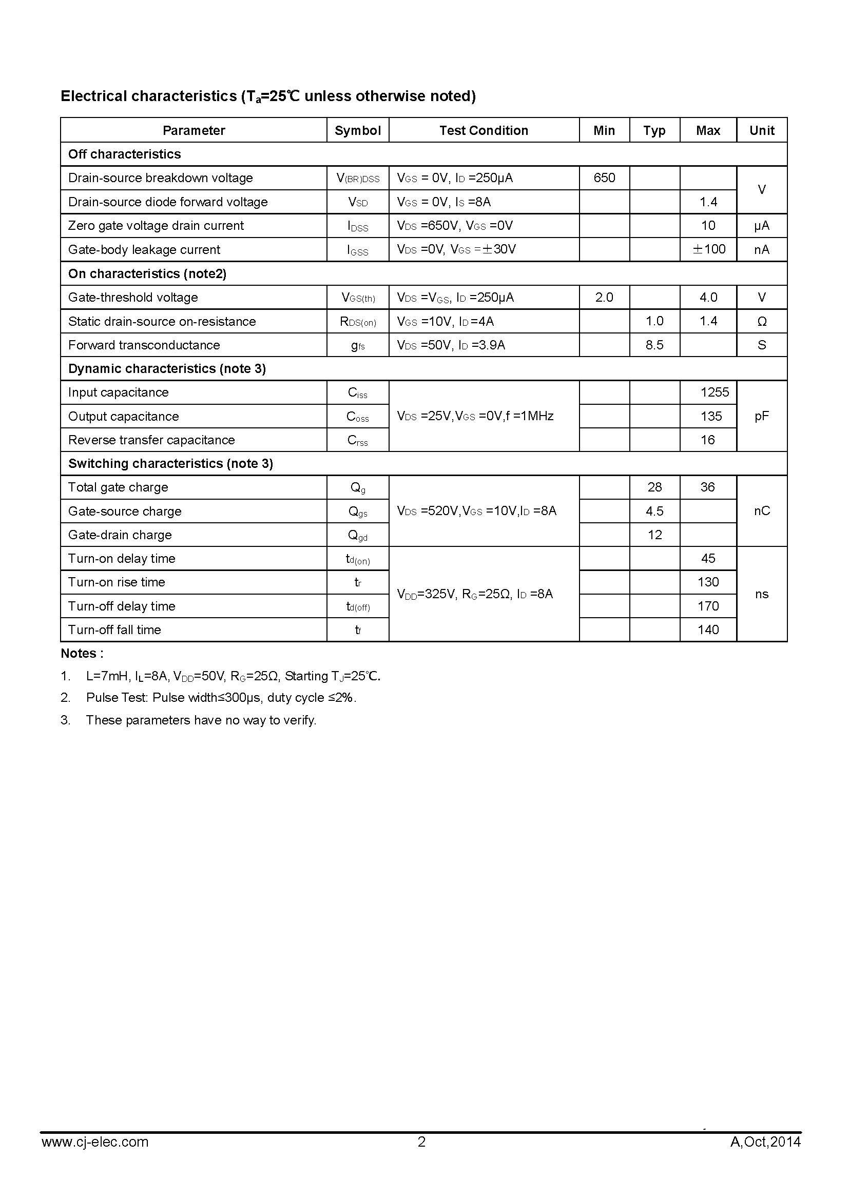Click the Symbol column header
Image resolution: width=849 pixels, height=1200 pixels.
click(358, 130)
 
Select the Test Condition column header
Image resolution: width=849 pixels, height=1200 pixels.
click(484, 130)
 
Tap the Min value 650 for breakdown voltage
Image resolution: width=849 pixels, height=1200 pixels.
click(604, 178)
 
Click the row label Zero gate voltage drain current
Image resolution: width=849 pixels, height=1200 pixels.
click(156, 225)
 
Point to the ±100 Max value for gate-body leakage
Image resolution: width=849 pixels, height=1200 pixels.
click(709, 249)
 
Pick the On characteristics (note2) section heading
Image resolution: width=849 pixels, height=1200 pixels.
click(147, 273)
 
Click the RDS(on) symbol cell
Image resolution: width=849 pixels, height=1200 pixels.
click(358, 322)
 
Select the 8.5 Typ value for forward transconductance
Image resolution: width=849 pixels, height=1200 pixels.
click(654, 345)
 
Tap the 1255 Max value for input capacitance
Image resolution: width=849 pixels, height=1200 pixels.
click(714, 392)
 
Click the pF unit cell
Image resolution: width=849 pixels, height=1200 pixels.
click(762, 416)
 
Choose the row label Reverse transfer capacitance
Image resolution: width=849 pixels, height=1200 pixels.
click(151, 440)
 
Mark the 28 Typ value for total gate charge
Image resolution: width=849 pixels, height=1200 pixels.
click(654, 487)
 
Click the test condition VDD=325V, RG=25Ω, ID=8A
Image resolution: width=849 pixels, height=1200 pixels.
click(475, 594)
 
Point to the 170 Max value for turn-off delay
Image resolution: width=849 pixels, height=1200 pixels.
click(708, 606)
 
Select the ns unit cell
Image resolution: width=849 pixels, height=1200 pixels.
click(762, 594)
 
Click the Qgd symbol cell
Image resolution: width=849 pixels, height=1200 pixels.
click(358, 535)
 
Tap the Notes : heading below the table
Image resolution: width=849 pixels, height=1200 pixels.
click(82, 653)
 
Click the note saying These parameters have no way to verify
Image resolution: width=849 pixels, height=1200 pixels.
click(201, 720)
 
